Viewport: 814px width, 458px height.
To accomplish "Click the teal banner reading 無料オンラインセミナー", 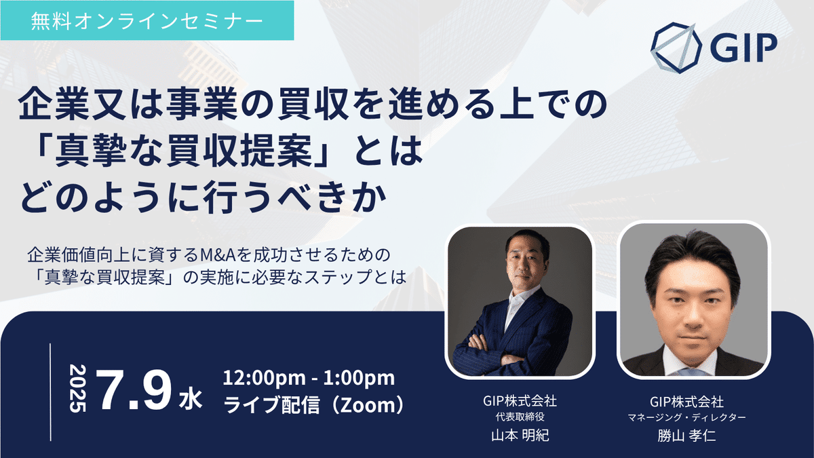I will [x=147, y=20].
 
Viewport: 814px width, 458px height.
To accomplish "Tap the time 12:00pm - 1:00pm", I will [x=309, y=379].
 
